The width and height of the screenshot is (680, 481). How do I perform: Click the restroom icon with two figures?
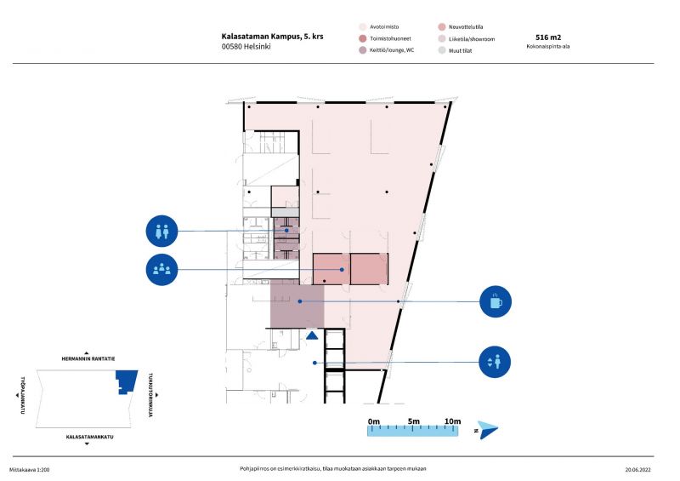pos(161,232)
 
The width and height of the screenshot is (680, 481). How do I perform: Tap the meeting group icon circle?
pos(161,270)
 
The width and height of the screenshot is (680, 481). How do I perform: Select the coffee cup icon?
pos(496,301)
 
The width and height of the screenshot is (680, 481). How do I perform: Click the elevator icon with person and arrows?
pos(495,362)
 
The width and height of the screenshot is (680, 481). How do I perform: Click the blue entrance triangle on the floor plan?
pos(312,335)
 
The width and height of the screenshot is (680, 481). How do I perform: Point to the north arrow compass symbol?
pos(487,430)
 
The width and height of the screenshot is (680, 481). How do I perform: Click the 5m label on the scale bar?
pos(414,421)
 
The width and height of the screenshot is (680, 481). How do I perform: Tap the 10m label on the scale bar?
pos(453,421)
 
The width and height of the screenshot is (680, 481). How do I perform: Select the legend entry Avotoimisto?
pos(379,27)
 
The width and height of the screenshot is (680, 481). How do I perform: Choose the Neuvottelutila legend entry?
pos(461,27)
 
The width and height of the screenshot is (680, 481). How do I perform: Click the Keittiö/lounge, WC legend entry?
pos(387,50)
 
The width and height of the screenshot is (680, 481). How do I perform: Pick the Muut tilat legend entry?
pos(455,50)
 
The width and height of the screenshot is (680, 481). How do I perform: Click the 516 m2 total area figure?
pos(548,37)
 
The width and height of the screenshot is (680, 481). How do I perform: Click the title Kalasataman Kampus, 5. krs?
pos(272,37)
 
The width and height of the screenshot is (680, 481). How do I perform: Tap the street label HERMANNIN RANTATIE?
pos(88,359)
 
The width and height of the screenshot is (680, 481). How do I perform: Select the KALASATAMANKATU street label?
pos(90,437)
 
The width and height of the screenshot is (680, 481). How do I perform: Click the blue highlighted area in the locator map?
pos(126,381)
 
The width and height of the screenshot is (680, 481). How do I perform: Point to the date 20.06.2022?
pos(638,470)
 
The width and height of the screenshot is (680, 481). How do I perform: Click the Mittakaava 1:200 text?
pos(30,470)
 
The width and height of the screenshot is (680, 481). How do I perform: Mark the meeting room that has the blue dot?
pos(331,269)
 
